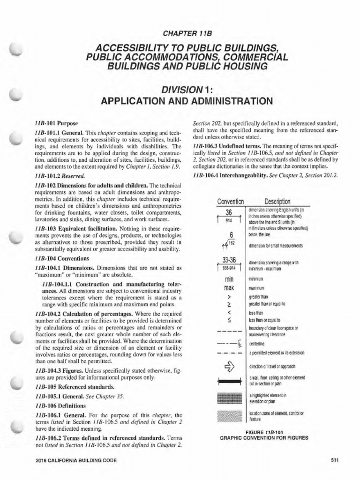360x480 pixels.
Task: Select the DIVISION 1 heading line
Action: tap(180, 89)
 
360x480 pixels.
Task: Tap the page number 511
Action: tap(335, 460)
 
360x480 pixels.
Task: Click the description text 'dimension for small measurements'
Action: tap(275, 246)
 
